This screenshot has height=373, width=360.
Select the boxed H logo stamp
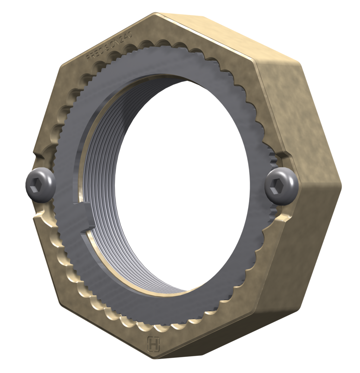coord(153,343)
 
